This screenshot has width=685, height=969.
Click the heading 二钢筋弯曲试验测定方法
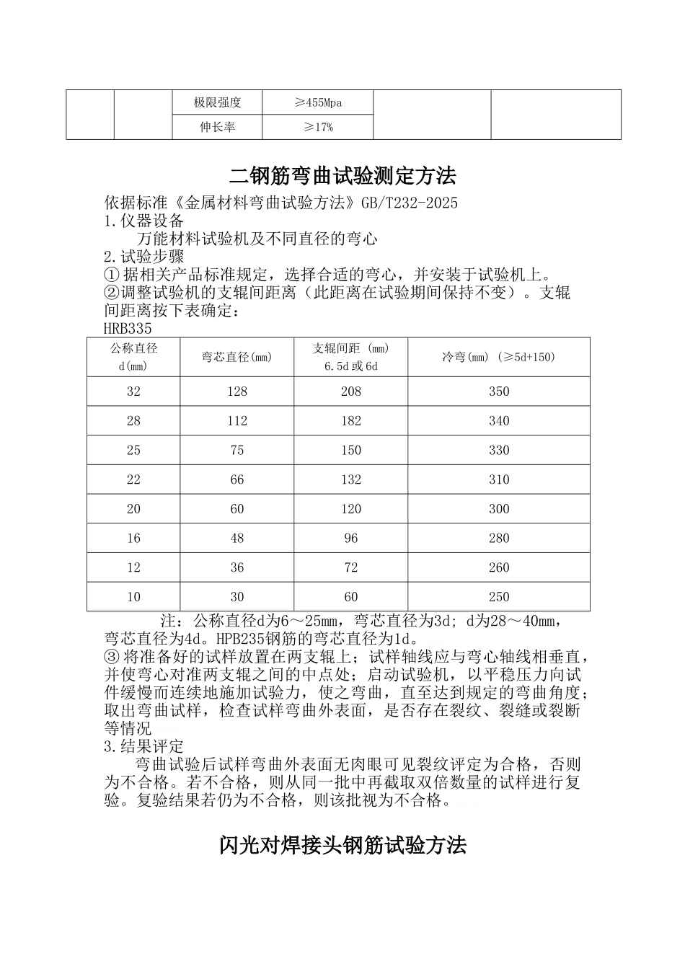click(342, 175)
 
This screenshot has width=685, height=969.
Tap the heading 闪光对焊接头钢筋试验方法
click(342, 845)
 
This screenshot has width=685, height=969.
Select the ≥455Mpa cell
click(318, 102)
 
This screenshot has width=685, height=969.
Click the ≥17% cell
click(318, 128)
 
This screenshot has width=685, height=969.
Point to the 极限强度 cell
click(217, 102)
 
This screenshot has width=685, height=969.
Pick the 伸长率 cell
click(217, 128)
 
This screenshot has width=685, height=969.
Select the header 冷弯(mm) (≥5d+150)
click(498, 357)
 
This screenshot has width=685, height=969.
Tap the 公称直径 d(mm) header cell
click(133, 357)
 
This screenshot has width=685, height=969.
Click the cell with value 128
click(237, 391)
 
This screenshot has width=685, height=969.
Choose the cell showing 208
click(351, 391)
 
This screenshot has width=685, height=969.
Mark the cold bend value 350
click(498, 391)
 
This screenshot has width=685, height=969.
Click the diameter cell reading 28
click(133, 421)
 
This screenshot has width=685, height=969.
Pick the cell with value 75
click(237, 451)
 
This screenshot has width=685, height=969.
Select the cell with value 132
click(351, 479)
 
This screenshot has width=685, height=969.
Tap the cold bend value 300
click(498, 509)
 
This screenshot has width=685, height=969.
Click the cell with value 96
click(351, 539)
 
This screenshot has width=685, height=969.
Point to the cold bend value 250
click(498, 597)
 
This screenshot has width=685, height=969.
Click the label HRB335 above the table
click(128, 329)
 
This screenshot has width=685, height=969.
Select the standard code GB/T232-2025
click(408, 203)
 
